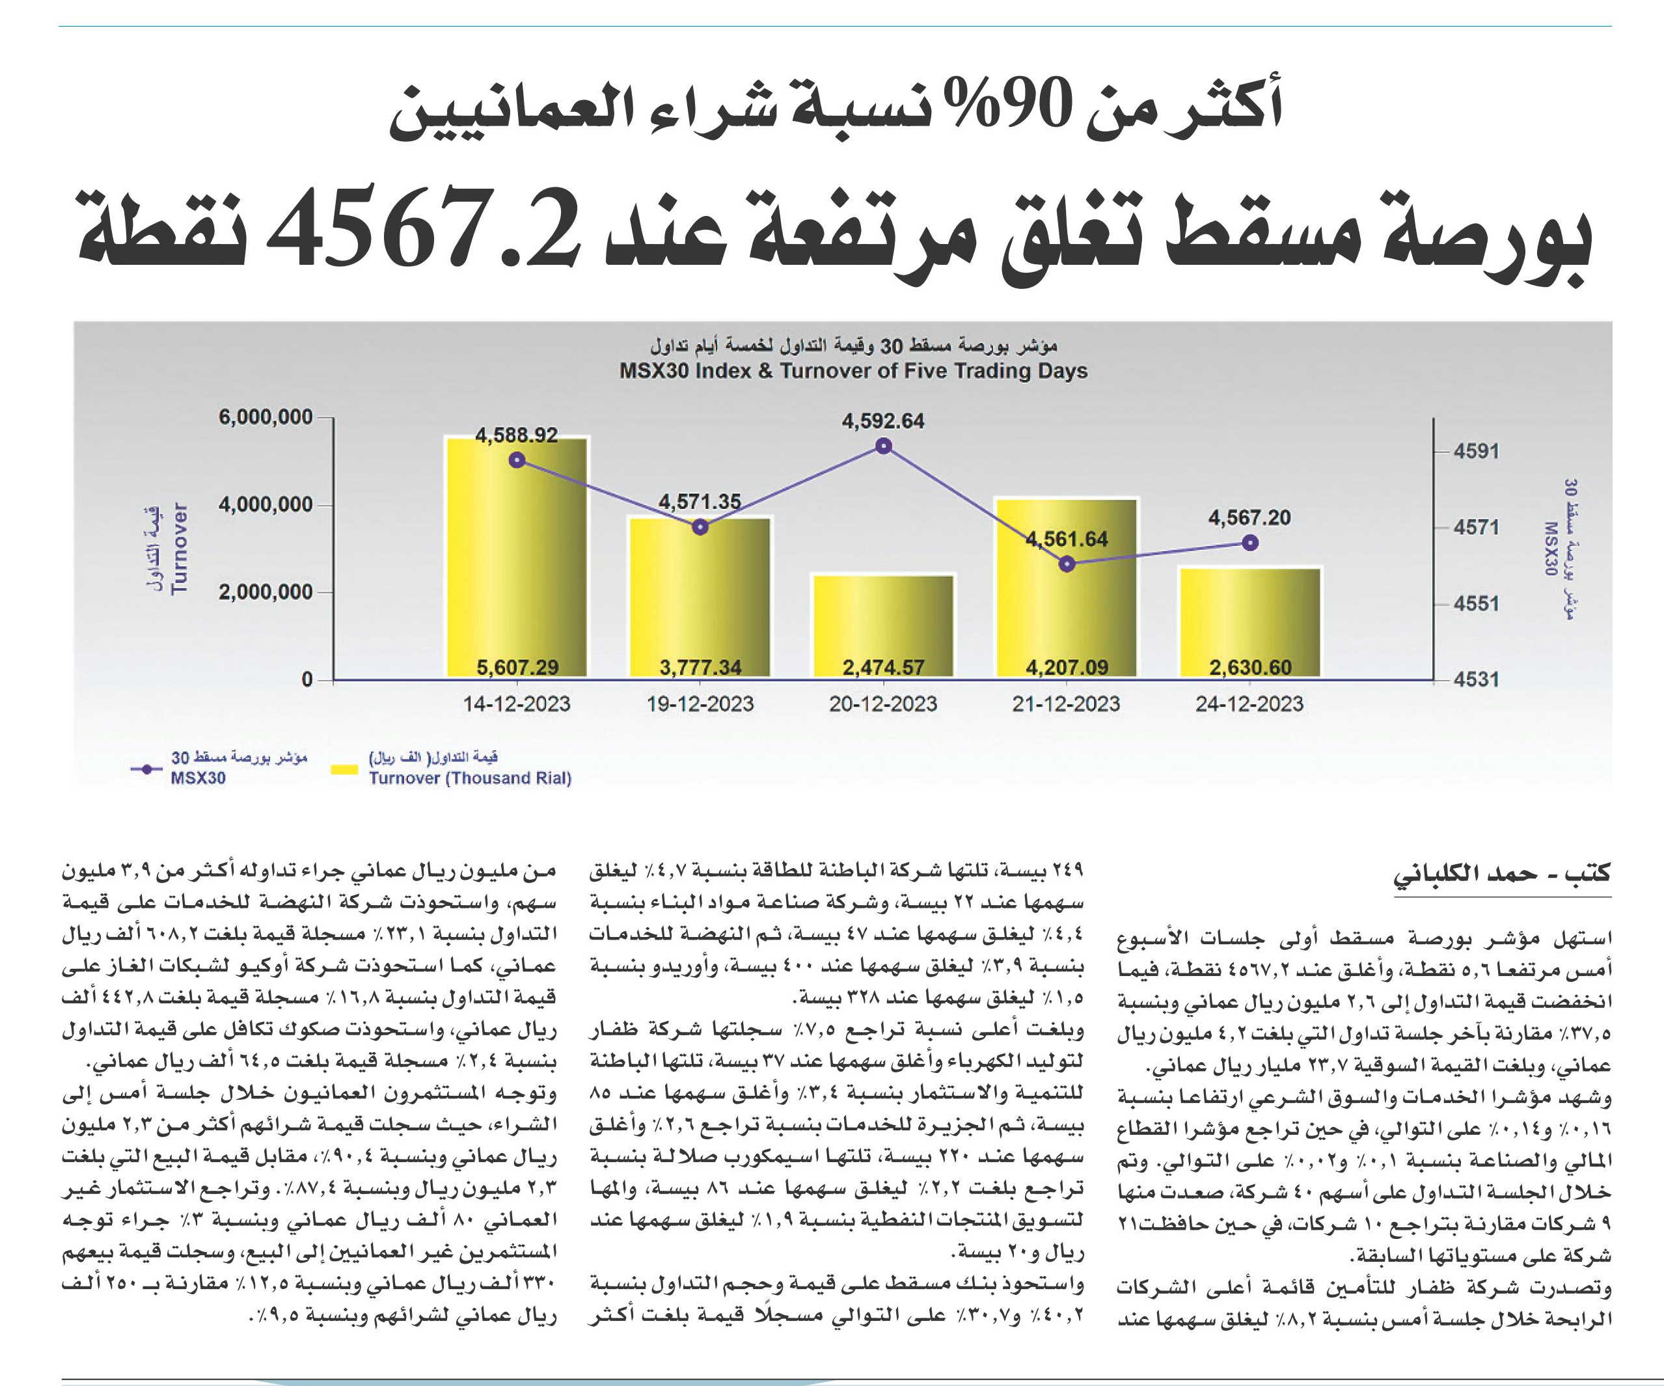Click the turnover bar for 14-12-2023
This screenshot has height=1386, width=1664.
pyautogui.click(x=517, y=557)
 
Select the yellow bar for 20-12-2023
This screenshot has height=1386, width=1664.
pyautogui.click(x=884, y=626)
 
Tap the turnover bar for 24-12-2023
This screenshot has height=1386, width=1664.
pyautogui.click(x=1250, y=623)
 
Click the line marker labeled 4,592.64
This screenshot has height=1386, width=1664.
pyautogui.click(x=884, y=447)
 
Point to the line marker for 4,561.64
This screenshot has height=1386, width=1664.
pyautogui.click(x=1067, y=564)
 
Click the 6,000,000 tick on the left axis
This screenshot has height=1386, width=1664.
pyautogui.click(x=266, y=417)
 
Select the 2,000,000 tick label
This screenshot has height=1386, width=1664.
pyautogui.click(x=266, y=592)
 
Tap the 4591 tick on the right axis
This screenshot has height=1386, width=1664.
pyautogui.click(x=1476, y=451)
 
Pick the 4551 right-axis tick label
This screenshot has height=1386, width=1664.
pyautogui.click(x=1476, y=604)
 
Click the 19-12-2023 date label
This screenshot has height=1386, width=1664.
pyautogui.click(x=700, y=703)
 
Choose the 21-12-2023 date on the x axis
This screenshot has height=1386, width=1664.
pyautogui.click(x=1067, y=703)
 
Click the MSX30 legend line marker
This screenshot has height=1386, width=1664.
pyautogui.click(x=146, y=768)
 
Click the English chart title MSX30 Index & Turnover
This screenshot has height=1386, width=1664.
pyautogui.click(x=853, y=371)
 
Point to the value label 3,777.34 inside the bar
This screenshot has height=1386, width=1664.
pyautogui.click(x=700, y=667)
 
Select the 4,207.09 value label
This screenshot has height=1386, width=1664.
pyautogui.click(x=1067, y=667)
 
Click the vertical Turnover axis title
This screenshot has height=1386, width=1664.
pyautogui.click(x=180, y=548)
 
